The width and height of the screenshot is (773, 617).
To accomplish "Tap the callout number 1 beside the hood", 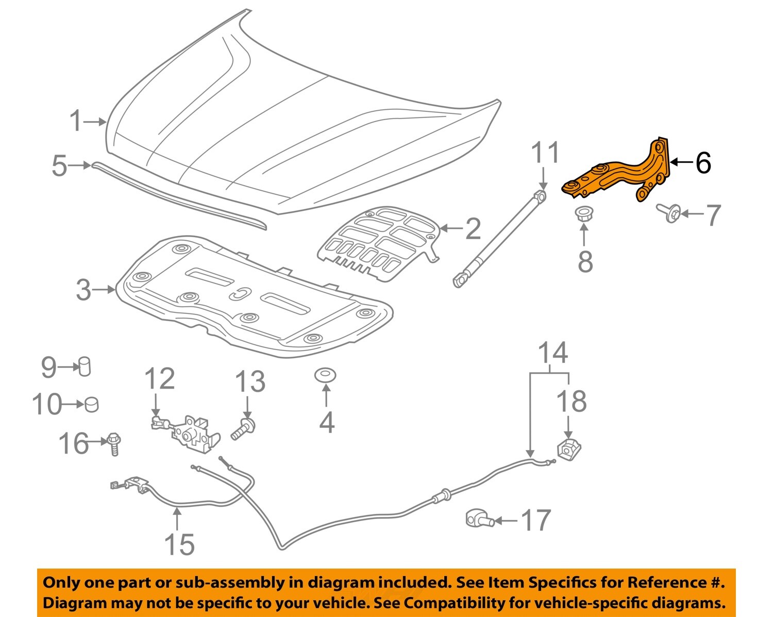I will click(76, 122).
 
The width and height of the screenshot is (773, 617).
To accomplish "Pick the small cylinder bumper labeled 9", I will click(84, 366).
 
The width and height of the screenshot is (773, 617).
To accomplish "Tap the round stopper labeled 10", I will click(91, 404).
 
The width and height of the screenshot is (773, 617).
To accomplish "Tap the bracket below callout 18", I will click(569, 449).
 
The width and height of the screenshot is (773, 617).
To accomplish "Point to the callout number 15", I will click(179, 544).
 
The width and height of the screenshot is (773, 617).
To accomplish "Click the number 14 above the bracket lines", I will click(552, 353).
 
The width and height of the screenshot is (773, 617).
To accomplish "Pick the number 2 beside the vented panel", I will click(473, 229).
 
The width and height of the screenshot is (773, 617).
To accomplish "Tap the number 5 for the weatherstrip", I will click(59, 166).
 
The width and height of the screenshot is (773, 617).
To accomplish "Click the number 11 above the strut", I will click(545, 153).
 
